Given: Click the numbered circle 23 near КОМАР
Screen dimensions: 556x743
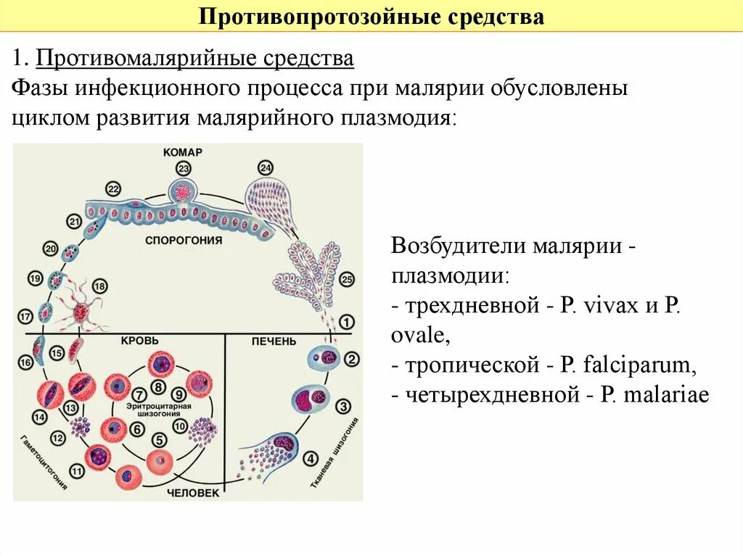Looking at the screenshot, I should [x=183, y=168].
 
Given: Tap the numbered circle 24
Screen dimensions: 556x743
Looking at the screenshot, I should [x=266, y=168].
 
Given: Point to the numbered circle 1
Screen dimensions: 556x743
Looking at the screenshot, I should [x=347, y=321].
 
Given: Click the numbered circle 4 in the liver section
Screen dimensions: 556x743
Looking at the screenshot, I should [x=311, y=458].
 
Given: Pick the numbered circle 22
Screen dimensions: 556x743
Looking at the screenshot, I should [x=113, y=189].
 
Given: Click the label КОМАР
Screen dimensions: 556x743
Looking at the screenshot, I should [x=183, y=152].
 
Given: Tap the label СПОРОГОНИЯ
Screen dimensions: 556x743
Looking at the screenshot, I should [x=183, y=239].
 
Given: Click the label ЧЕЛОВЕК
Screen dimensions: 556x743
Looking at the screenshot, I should [x=193, y=492].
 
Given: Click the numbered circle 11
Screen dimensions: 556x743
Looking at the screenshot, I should [x=77, y=472].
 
